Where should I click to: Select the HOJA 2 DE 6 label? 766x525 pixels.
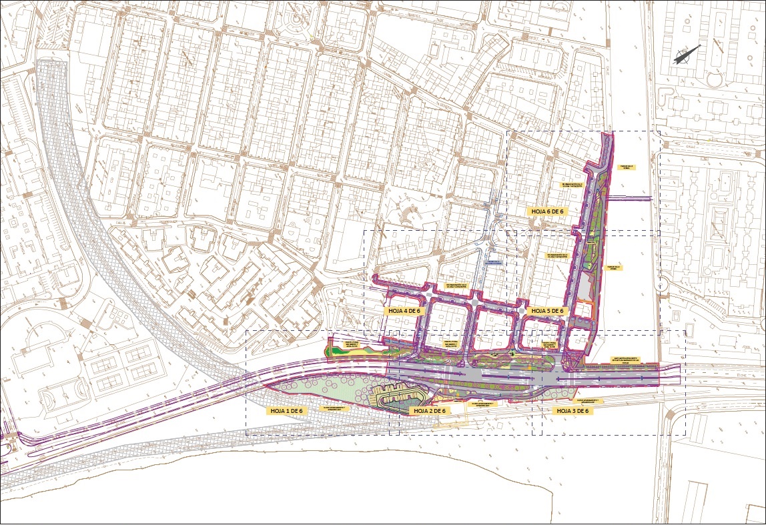pos(430,411)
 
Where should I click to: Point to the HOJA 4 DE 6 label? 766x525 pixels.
pos(404,311)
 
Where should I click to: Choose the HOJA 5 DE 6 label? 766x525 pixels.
pos(546,311)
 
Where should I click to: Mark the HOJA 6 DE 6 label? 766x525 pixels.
pos(546,211)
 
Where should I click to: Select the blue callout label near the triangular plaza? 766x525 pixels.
pos(494,262)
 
